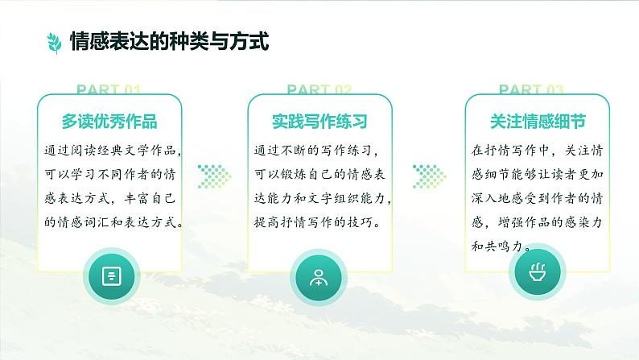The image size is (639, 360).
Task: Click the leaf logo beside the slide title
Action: [x=54, y=41]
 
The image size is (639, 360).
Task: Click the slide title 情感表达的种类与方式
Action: [x=169, y=41]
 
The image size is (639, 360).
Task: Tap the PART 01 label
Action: [x=109, y=89]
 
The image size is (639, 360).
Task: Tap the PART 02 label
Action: [x=319, y=89]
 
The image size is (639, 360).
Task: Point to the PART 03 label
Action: [x=531, y=89]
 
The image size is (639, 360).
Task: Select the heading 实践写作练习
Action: [x=319, y=122]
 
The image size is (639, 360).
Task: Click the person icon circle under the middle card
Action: [x=319, y=276]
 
